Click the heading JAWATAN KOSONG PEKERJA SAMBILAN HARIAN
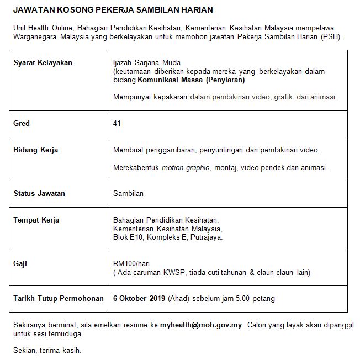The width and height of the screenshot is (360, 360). [x=113, y=10]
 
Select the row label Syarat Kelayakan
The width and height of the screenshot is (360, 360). [x=43, y=62]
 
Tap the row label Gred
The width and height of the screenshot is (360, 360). [x=22, y=123]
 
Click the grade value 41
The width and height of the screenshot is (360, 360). [x=117, y=123]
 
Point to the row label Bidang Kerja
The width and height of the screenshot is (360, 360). [x=36, y=150]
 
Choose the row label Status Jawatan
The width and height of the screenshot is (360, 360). [x=39, y=193]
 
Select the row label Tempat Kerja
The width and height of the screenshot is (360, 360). [x=36, y=220]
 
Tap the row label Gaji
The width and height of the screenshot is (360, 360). [x=20, y=264]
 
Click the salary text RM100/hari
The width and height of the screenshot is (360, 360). [x=130, y=264]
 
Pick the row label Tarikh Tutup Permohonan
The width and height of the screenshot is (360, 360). [x=59, y=298]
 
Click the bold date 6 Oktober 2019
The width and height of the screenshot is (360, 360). [x=139, y=298]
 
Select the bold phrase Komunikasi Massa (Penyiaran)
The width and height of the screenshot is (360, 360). [x=190, y=80]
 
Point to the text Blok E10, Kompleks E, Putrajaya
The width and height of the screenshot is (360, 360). [x=168, y=237]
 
